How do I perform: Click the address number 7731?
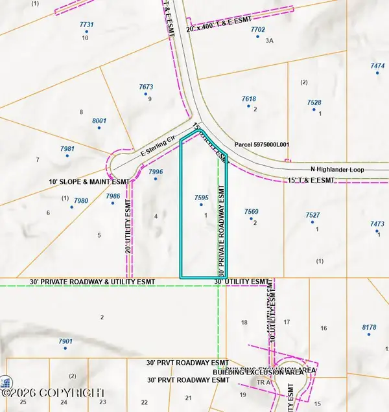[x=86, y=25]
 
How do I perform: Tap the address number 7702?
[x=258, y=30]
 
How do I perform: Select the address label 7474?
[x=377, y=66]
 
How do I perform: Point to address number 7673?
[x=146, y=87]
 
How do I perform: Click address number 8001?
[x=99, y=121]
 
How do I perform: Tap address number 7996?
[x=156, y=172]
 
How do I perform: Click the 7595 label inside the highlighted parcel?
[x=201, y=198]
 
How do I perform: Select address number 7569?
[x=252, y=212]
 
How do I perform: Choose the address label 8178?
[x=369, y=328]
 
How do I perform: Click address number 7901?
[x=65, y=341]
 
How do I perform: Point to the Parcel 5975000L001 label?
[x=261, y=145]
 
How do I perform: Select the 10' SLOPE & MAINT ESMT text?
[x=89, y=183]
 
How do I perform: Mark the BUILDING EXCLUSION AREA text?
[x=264, y=372]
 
